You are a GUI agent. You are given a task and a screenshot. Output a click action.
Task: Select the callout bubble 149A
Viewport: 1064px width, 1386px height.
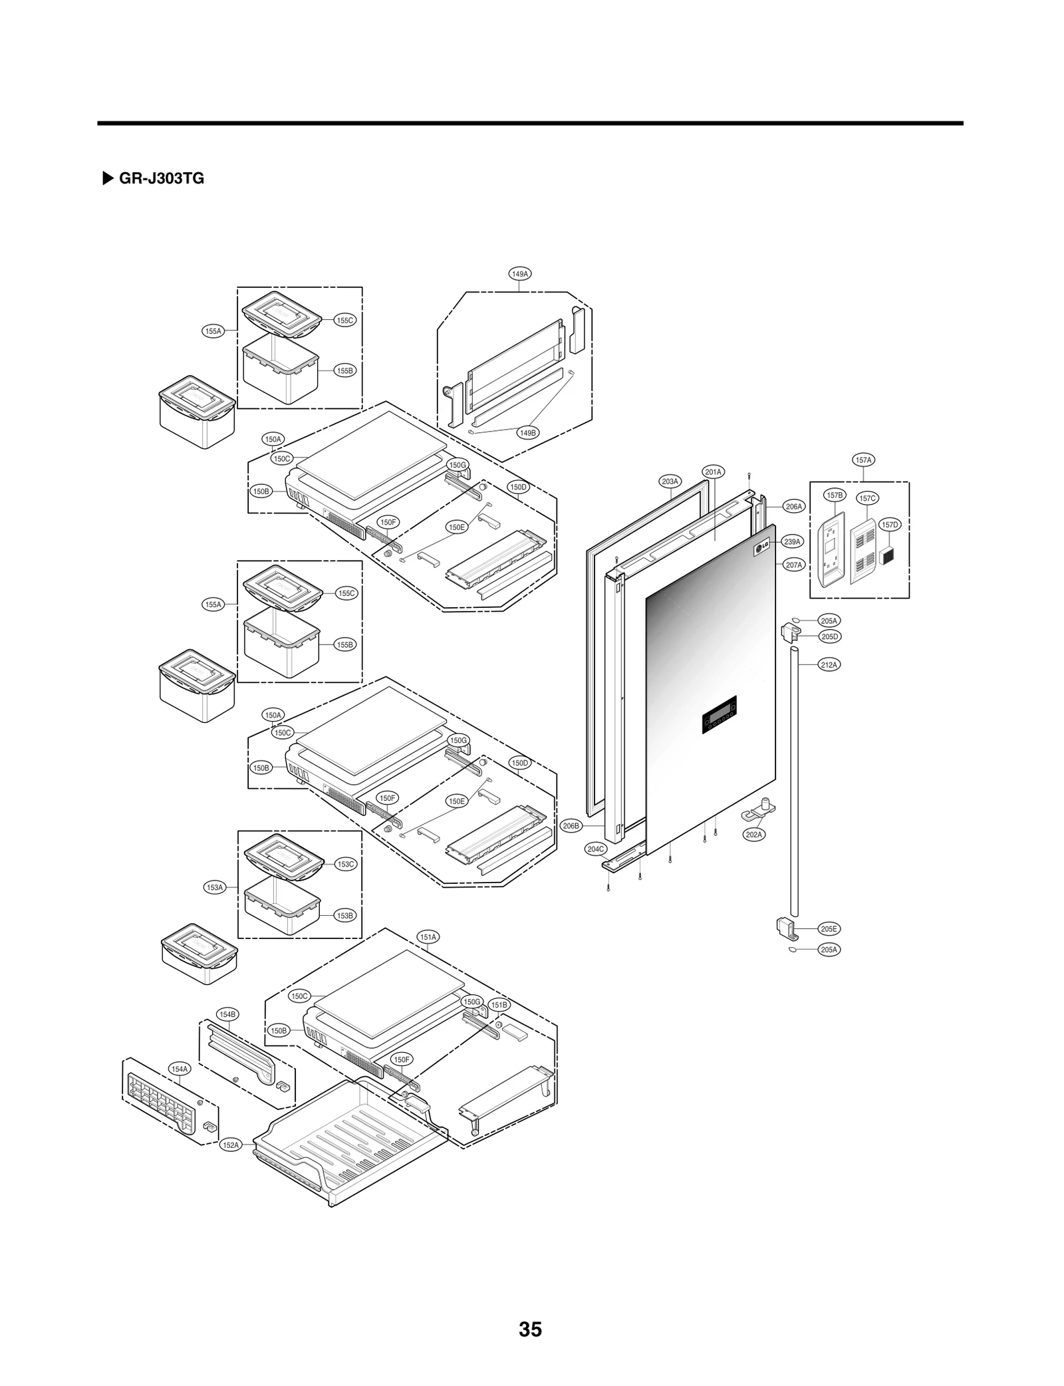click(x=519, y=273)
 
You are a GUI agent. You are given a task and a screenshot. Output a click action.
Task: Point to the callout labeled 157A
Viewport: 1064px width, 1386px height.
click(x=863, y=460)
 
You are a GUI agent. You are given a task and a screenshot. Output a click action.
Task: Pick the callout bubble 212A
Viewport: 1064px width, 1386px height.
click(x=829, y=664)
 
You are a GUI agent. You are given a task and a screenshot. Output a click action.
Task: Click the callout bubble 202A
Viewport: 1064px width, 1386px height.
click(x=754, y=834)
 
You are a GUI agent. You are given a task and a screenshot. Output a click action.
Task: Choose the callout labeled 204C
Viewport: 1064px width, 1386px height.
click(x=596, y=849)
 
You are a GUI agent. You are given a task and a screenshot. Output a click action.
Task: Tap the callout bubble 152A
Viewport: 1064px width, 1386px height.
click(x=230, y=1145)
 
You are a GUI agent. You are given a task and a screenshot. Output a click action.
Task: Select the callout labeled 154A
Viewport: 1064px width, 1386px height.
click(x=180, y=1069)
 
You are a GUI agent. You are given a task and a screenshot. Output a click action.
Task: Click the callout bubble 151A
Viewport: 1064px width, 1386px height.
click(x=428, y=937)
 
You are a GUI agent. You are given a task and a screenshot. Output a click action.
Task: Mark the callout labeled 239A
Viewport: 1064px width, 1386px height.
click(x=792, y=541)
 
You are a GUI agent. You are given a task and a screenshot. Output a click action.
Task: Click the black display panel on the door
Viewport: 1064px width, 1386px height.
click(x=719, y=714)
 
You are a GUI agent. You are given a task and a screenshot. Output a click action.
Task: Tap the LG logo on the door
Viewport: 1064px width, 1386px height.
click(x=761, y=548)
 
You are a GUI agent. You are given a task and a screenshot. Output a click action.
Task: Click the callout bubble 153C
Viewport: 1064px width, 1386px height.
click(x=346, y=864)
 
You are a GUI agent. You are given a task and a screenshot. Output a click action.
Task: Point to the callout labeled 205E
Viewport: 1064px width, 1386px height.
click(x=829, y=928)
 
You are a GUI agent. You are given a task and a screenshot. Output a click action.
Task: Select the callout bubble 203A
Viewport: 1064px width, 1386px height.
click(x=670, y=481)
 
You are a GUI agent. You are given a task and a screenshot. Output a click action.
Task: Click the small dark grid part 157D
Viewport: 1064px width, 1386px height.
click(x=886, y=555)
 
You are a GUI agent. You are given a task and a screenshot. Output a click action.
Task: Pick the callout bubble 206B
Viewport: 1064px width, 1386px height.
click(x=571, y=825)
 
